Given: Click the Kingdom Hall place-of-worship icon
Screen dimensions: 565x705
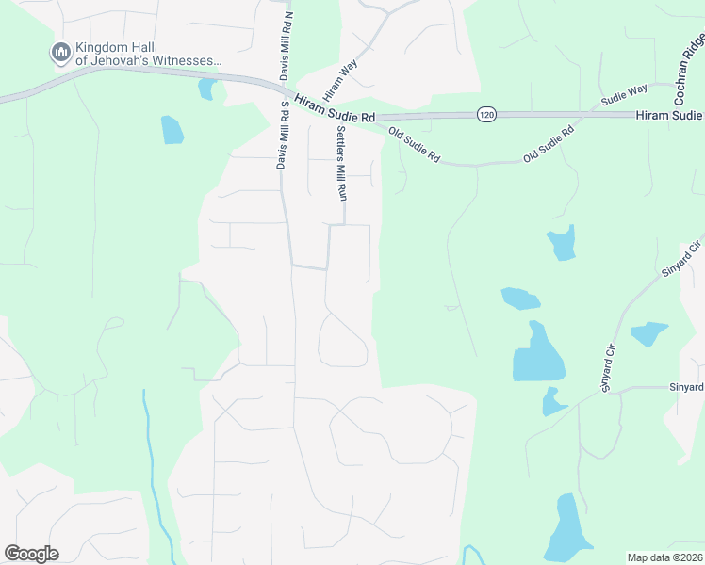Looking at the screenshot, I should coord(61,53).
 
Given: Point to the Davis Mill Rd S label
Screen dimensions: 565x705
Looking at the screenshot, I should coord(281,136).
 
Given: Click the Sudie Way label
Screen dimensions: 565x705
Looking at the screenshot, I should coord(625,95).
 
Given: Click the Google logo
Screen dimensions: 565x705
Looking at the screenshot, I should coord(31,554).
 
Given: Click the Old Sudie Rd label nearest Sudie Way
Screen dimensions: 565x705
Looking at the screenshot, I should coord(549,146).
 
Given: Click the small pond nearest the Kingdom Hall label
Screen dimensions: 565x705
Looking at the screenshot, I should coord(205,89).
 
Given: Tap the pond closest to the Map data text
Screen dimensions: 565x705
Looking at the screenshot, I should coord(567,530).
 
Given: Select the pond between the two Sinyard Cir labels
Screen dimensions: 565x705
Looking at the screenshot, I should coord(648,333).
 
